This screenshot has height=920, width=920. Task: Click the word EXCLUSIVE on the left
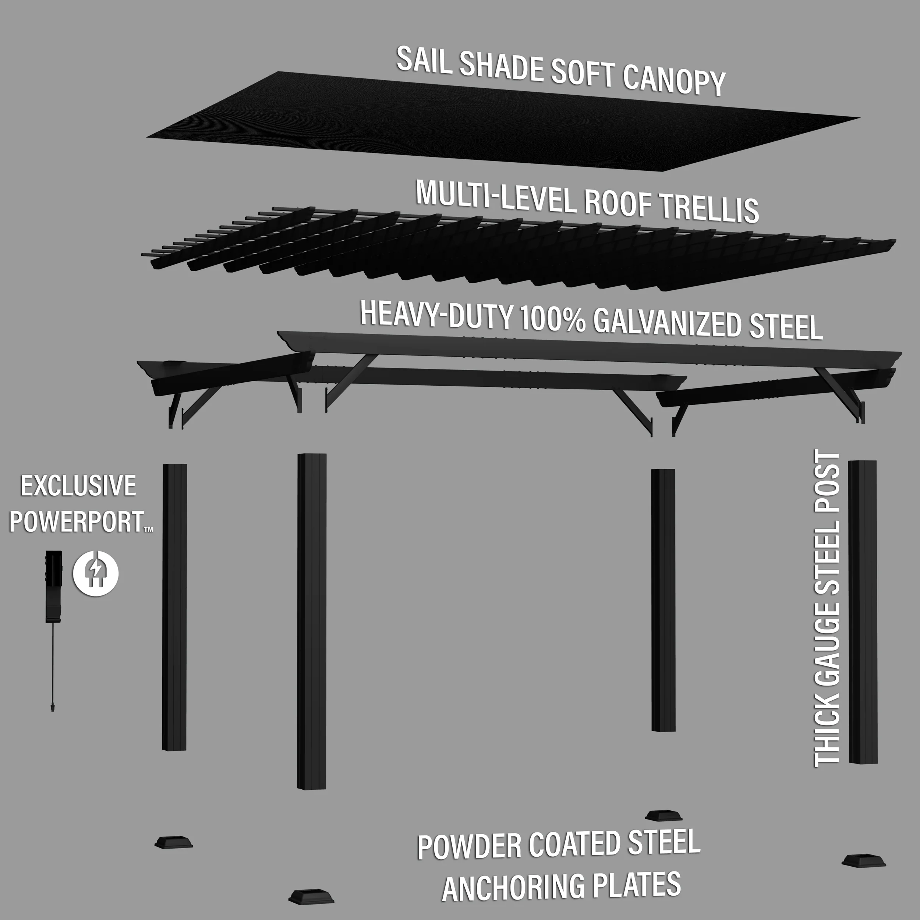tap(79, 486)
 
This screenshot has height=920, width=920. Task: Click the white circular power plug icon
tap(96, 573)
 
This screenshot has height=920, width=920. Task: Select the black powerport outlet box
tap(53, 586)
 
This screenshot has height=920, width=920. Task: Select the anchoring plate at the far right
tap(863, 874)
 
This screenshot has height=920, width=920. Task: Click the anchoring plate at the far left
tap(174, 855)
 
